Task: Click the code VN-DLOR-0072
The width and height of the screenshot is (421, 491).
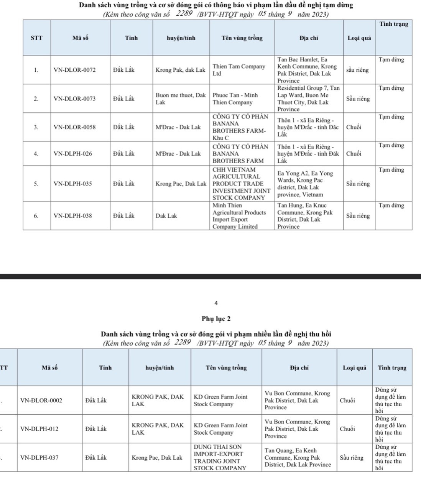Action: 75,70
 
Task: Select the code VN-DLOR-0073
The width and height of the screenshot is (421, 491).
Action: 75,99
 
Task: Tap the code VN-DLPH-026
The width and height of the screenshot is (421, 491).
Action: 73,154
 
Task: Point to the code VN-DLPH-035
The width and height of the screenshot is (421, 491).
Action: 73,184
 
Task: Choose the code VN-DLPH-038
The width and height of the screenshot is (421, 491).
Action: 73,216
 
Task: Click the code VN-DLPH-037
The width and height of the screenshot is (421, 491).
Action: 39,458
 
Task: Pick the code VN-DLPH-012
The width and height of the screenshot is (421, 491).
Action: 39,429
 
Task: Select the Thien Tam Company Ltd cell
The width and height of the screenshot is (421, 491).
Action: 239,70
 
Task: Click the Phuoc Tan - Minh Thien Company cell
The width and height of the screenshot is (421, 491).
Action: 235,99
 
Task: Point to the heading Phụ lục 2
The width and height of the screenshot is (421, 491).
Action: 216,319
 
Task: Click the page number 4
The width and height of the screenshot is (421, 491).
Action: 216,303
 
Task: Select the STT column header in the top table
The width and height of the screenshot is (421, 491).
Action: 36,38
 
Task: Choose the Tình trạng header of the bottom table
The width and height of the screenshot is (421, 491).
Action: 392,368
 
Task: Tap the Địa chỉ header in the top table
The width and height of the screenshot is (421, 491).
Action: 309,38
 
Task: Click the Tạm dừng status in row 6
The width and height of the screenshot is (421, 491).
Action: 391,206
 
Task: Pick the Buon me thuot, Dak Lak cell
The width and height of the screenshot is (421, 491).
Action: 181,99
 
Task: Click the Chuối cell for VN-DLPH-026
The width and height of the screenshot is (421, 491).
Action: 354,154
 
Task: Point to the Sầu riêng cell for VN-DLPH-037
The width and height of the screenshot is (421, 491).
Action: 351,458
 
